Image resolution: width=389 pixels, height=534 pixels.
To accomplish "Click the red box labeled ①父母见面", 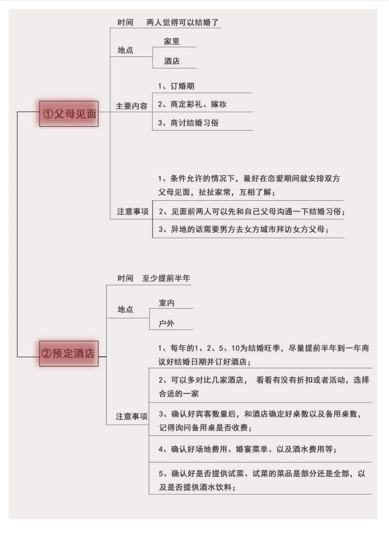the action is coord(69,114).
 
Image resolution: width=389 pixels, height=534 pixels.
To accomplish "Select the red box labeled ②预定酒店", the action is coord(69,353).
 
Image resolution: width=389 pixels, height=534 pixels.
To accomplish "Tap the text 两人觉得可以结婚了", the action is coord(183,22).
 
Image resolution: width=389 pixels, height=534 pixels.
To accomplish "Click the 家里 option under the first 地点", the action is coord(172,41).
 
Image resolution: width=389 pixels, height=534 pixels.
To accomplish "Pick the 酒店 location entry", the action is coord(172,61).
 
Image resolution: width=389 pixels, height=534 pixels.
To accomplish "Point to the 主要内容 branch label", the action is coord(131,106).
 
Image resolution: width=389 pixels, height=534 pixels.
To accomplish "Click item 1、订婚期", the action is coord(176,86).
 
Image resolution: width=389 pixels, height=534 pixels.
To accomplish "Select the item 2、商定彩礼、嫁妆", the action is coord(192,104).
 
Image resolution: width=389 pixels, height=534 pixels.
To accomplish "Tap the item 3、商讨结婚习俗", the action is coord(188,123).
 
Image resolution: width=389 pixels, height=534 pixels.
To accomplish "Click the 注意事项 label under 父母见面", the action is coord(133,211).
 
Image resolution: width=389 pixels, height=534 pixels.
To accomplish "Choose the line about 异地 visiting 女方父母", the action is coord(243,229).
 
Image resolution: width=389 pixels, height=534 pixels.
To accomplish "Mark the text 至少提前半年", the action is coord(166,278).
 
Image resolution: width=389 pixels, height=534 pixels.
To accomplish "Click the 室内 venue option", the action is coord(167,303).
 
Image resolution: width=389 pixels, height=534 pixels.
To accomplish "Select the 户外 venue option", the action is coord(167,324).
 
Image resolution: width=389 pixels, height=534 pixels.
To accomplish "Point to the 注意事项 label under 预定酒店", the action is coord(131,416).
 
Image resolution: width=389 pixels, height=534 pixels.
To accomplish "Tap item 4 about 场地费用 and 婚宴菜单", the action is coord(248,449).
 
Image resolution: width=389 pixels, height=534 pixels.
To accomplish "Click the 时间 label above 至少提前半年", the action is coord(125,278).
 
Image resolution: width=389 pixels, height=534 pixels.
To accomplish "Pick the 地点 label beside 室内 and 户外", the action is coord(125,309).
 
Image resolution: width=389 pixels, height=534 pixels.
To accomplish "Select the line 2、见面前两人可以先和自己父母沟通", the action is coord(252,211).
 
